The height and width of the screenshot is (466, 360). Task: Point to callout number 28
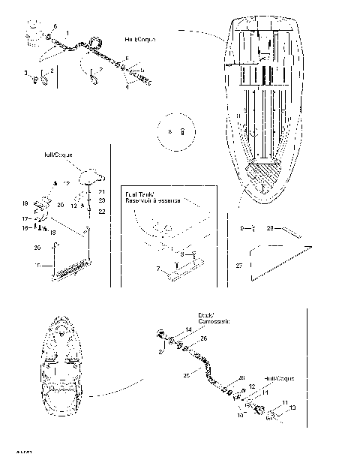tap(270, 226)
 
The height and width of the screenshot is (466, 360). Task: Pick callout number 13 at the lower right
tap(293, 407)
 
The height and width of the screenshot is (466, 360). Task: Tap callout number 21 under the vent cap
tap(102, 192)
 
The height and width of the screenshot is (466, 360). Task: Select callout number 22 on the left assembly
tap(102, 212)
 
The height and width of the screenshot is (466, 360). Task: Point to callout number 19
tap(25, 203)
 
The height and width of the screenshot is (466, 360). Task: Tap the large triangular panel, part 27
tap(277, 259)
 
